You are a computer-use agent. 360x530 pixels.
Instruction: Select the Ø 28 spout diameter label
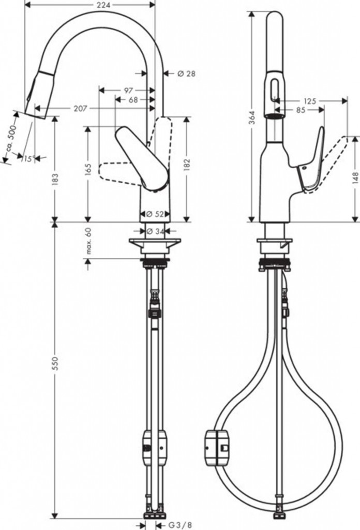186,73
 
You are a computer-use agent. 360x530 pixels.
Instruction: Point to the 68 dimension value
133,99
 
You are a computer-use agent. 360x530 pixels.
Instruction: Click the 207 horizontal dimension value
80,108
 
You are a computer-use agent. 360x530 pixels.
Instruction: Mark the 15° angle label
27,158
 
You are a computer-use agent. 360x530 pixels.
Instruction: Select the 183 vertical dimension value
56,179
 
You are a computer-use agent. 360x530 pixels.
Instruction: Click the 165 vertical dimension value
88,169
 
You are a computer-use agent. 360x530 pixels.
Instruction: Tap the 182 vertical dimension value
186,164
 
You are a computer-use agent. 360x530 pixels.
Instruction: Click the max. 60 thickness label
88,241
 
